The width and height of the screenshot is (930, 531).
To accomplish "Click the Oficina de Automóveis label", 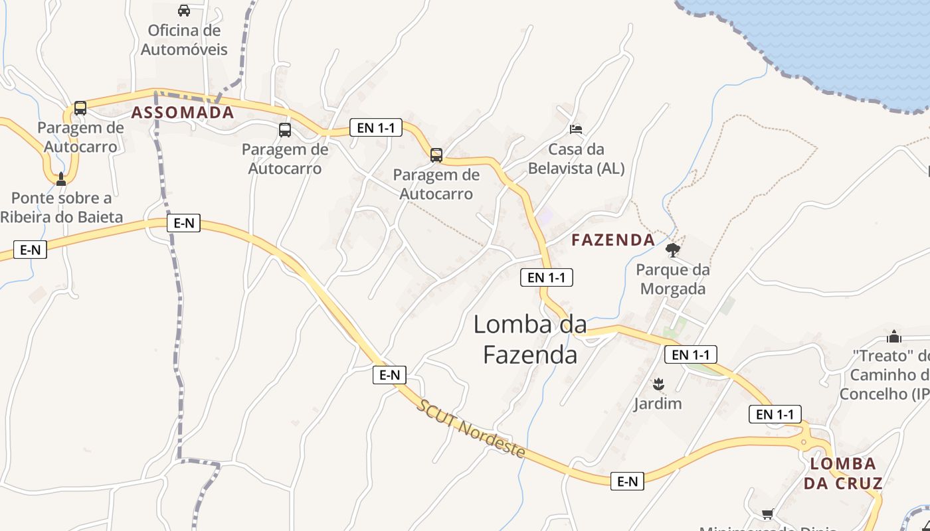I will coord(184,40).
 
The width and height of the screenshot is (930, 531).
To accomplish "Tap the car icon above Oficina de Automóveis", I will coord(184,11).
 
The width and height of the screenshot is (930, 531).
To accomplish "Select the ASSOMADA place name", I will coord(183,112).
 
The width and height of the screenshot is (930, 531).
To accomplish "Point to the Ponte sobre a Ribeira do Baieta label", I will coord(61,207).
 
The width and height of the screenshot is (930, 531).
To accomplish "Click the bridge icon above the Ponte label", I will coord(61,179).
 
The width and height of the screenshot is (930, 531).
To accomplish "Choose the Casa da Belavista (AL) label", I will coord(576,159).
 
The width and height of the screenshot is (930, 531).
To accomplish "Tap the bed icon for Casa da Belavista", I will coord(576,129).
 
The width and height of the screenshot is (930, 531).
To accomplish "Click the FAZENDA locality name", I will coord(613,240).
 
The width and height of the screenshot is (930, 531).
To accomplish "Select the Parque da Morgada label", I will coord(672,279).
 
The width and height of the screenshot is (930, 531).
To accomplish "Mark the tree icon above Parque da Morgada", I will coord(672,250).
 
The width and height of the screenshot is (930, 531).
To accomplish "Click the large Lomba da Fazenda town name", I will coord(530,339).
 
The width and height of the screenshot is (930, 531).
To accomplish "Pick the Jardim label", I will coord(658,404).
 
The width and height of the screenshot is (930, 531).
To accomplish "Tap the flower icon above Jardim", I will coord(658,384).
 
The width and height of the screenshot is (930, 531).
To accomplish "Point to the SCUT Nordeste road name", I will coord(471,429).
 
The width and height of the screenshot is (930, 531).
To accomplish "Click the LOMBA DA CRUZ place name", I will coord(843,473).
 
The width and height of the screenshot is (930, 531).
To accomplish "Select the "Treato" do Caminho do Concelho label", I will coord(890,374).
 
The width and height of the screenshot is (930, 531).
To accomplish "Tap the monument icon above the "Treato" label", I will coord(894,337).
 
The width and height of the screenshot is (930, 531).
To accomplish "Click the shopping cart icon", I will coord(768,514).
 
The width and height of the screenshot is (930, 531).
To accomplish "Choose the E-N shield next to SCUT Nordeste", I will coord(389,375).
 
